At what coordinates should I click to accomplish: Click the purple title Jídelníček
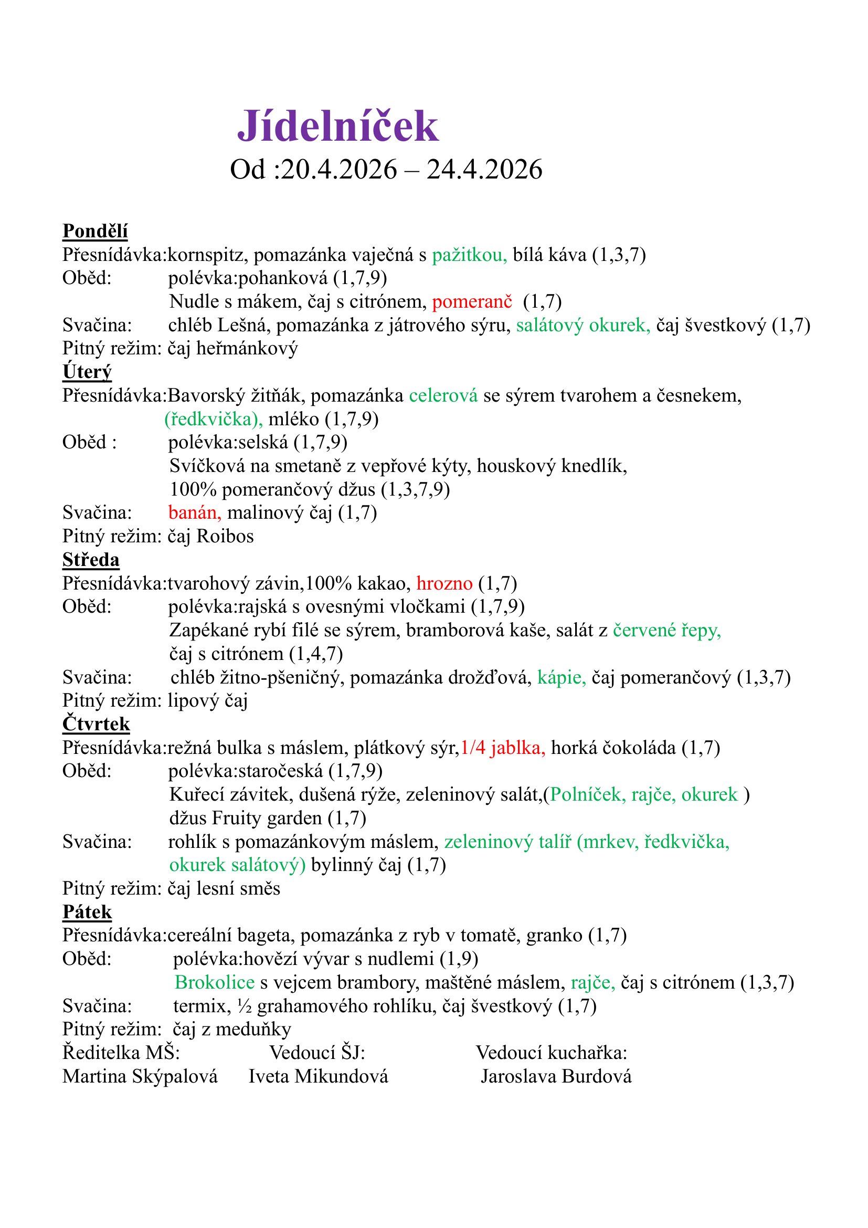pos(338,126)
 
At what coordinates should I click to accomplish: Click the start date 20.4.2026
pos(339,170)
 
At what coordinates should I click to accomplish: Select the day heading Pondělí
pos(95,231)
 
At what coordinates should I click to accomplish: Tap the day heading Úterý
pos(87,372)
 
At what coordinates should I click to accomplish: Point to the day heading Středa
pos(91,560)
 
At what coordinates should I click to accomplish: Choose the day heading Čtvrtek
pos(96,723)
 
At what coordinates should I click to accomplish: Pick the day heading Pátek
pos(87,911)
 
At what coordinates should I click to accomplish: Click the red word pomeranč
pos(472,302)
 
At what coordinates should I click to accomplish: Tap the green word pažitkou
pos(469,255)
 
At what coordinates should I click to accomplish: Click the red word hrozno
pos(444,583)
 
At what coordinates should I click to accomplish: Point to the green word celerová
pos(443,396)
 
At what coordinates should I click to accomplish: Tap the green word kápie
pos(561,678)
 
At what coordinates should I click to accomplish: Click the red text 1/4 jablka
pos(502,748)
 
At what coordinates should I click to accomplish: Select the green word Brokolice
pos(214,982)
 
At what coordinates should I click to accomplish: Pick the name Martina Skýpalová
pos(140,1076)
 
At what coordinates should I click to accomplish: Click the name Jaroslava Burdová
pos(556,1076)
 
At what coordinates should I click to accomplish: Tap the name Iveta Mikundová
pos(318,1076)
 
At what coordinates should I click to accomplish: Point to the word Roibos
pos(225,536)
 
